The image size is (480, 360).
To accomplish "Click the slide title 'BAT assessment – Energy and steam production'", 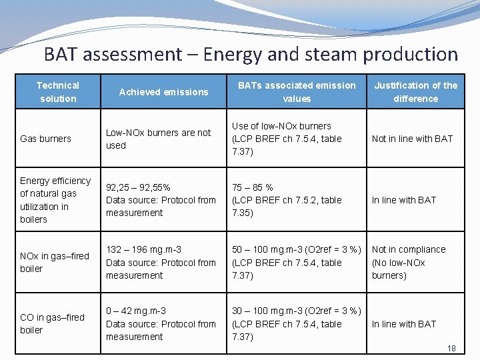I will [251, 54].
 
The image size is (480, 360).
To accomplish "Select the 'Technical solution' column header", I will [57, 92].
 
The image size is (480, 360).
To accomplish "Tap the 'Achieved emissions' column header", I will [163, 92].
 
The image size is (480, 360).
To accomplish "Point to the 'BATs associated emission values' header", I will [297, 92].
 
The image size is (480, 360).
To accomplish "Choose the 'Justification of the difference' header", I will [415, 92].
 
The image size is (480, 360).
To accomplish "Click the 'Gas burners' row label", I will [45, 139].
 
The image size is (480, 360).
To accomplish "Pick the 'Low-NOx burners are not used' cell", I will [158, 139].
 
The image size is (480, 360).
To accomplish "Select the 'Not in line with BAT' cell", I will [412, 139].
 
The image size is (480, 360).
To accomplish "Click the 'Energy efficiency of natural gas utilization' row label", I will [55, 199].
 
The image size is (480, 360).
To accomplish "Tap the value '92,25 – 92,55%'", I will [139, 187].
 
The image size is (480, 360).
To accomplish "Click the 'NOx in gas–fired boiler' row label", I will [54, 262].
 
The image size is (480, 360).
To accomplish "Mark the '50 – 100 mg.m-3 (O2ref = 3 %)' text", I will [296, 249].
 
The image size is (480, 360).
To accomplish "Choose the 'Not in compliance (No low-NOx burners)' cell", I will [408, 262].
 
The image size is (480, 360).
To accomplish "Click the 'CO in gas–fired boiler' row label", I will [52, 323].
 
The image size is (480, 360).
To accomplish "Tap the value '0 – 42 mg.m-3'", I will [136, 311].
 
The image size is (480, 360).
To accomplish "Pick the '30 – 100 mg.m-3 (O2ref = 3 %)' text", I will [296, 311].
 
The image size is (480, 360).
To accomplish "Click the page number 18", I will [451, 349].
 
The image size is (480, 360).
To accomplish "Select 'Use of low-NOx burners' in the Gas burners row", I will [281, 126].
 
